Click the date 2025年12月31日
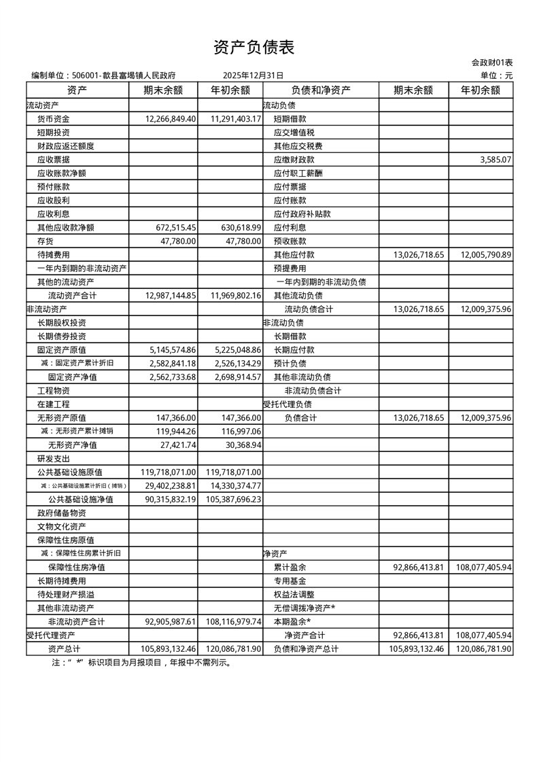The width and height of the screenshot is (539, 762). coord(253,76)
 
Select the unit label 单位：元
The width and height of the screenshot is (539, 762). coord(496,76)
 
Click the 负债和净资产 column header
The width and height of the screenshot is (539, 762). coord(320,90)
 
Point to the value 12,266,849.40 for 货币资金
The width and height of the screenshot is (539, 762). coord(171,119)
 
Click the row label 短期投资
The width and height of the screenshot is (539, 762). coord(53,133)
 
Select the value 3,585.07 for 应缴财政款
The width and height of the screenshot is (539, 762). coord(495,160)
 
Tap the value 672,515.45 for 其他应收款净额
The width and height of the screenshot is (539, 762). coord(175,228)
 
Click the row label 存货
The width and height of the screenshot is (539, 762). coord(46,241)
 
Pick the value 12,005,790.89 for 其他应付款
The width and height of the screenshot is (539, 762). coord(485,255)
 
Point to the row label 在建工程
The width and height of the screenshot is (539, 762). coord(53,404)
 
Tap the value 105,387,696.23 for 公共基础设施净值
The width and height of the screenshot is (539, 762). coord(232,500)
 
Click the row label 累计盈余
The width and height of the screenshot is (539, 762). coord(290,568)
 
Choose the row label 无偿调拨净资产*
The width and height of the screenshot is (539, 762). coord(305,608)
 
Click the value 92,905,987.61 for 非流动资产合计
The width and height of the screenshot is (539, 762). coord(171,622)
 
